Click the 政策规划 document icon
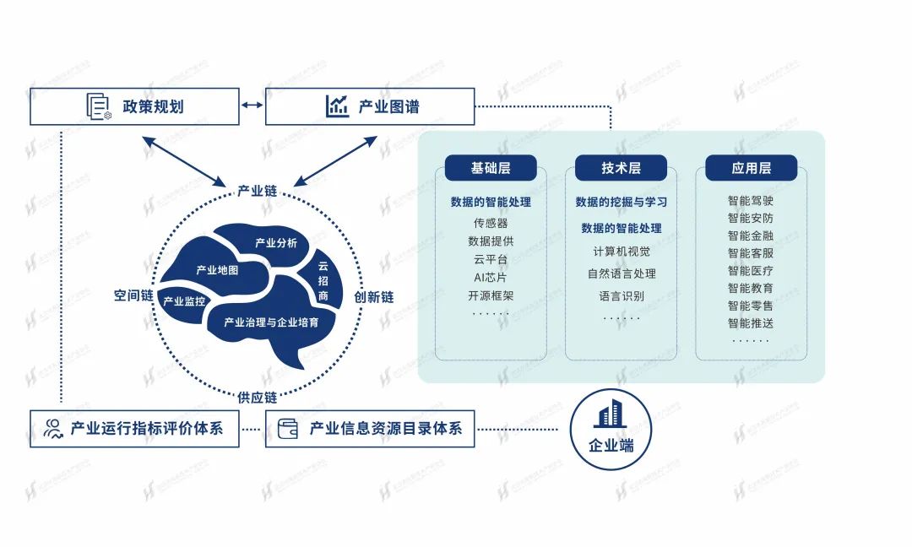point(99,106)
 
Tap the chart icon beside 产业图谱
point(338,106)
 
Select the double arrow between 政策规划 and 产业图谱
point(252,106)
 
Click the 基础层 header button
point(491,168)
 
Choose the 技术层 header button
point(621,168)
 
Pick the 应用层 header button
point(751,168)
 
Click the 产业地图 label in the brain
point(217,270)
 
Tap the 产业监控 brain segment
point(184,301)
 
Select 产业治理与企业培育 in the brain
point(277,322)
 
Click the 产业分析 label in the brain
point(276,243)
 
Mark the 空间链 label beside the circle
point(133,296)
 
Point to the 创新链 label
point(373,297)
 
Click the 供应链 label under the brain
point(258,397)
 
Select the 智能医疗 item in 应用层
point(751,271)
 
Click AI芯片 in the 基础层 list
point(491,277)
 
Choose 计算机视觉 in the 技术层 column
point(622,252)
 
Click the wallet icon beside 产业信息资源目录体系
point(289,428)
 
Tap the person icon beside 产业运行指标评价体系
point(54,428)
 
